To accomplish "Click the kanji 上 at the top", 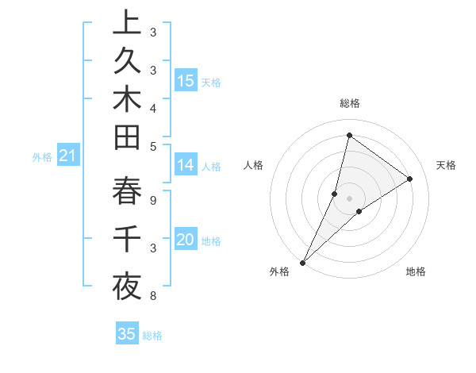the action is pyautogui.click(x=126, y=23).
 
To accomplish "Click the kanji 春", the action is pyautogui.click(x=126, y=191).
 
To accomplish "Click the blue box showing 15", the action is pyautogui.click(x=186, y=80).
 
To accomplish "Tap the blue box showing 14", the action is pyautogui.click(x=186, y=165).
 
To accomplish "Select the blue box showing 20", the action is pyautogui.click(x=186, y=240).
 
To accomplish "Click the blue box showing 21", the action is pyautogui.click(x=67, y=156).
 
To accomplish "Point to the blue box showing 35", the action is pyautogui.click(x=127, y=334).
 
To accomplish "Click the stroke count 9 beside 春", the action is pyautogui.click(x=152, y=201).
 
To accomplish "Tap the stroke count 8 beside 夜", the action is pyautogui.click(x=152, y=296).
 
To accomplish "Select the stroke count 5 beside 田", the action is pyautogui.click(x=152, y=146).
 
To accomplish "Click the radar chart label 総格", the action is pyautogui.click(x=349, y=103).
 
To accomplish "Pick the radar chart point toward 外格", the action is pyautogui.click(x=303, y=262).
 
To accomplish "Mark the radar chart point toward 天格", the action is pyautogui.click(x=410, y=179).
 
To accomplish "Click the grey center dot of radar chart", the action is pyautogui.click(x=349, y=198).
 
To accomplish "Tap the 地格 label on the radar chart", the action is pyautogui.click(x=416, y=272).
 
